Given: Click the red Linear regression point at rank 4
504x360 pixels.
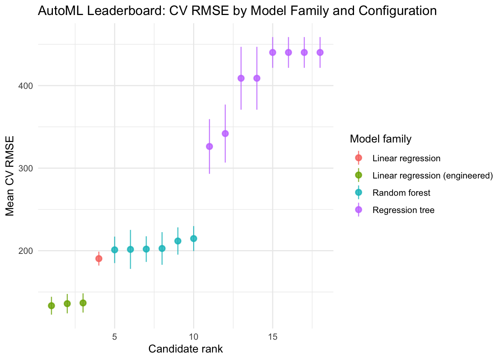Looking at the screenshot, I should coord(99,259).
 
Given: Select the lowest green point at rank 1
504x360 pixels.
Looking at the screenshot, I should coord(51,306).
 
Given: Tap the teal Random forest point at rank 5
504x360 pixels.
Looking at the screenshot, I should coord(114,250).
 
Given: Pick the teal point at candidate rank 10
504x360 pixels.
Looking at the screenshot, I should coord(193,238).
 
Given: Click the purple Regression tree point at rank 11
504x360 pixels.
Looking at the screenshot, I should coord(209,146).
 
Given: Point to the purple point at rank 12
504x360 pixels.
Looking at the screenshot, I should coord(225,133).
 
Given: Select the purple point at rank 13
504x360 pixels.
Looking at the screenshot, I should coord(241,78).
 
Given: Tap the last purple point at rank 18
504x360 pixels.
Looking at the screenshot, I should coord(320,52).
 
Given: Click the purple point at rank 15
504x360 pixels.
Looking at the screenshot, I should coord(273,52).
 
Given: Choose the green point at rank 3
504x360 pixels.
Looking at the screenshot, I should coord(83,303).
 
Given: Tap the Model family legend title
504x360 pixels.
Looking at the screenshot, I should coord(381,139).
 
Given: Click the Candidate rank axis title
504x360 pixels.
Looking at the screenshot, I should coord(186,349).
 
